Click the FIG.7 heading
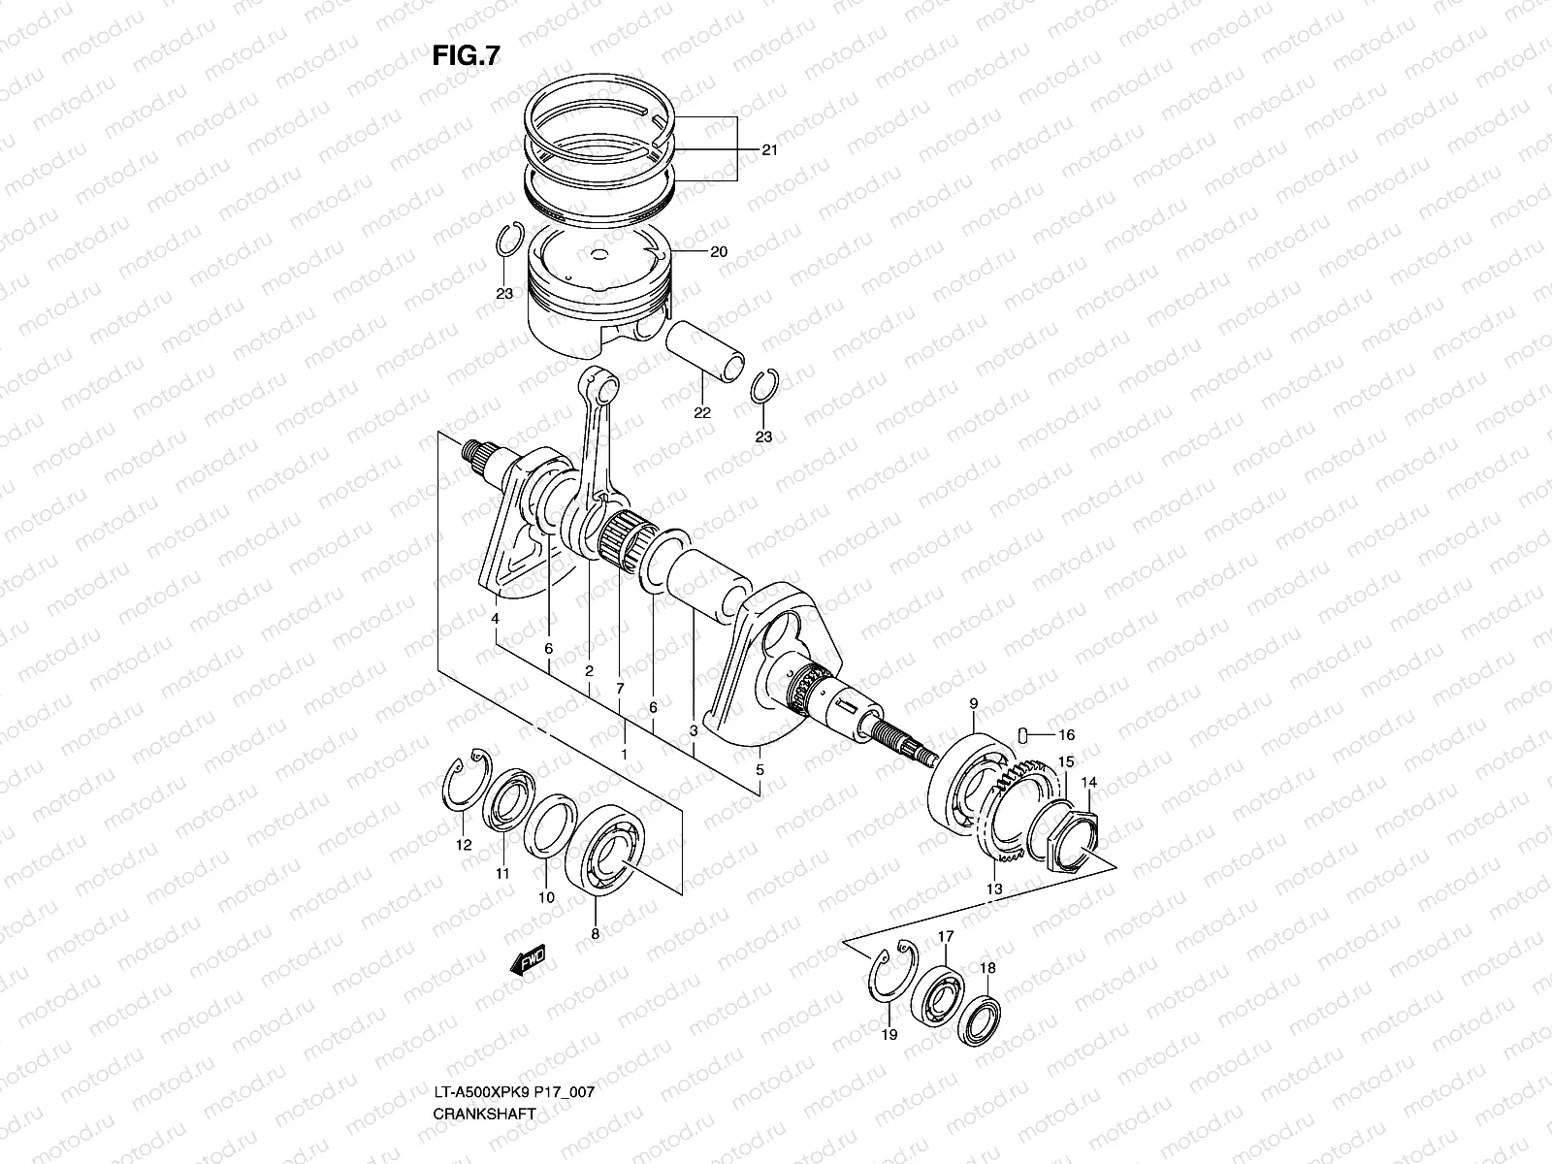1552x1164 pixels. click(466, 56)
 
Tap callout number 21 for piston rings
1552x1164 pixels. click(769, 150)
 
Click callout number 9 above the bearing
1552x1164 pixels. click(973, 702)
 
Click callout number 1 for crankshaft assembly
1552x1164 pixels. click(624, 754)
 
